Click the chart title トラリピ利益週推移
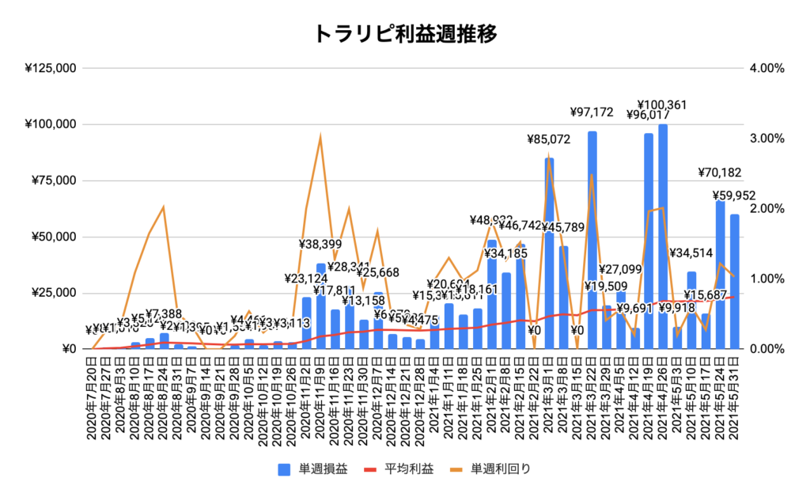[x=405, y=34]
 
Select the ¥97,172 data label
[x=592, y=112]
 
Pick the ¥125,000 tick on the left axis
[x=51, y=69]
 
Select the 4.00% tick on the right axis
[x=766, y=69]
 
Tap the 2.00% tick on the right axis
[x=766, y=209]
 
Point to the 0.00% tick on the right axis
[x=766, y=349]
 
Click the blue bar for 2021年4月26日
[x=663, y=237]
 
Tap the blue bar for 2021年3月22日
[x=592, y=241]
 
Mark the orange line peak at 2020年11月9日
[x=320, y=137]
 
